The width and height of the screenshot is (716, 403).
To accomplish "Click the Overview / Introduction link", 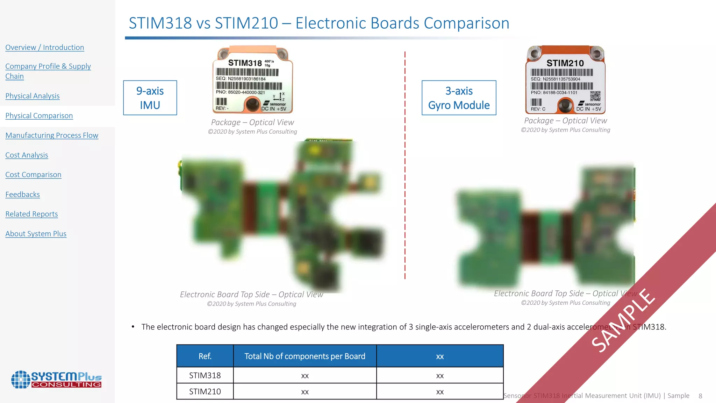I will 45,47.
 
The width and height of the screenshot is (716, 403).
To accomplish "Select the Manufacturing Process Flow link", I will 52,135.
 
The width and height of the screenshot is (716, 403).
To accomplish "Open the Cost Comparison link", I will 33,175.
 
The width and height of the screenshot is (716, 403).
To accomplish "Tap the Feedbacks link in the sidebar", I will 23,195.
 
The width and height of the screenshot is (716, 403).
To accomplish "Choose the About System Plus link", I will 36,234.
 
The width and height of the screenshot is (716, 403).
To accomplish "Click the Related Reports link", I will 31,214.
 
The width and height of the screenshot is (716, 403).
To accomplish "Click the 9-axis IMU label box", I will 150,98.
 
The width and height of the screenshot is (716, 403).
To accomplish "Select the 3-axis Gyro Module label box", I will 459,98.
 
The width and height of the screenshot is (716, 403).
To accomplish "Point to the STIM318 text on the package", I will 245,63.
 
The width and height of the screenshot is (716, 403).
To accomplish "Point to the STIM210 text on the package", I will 565,63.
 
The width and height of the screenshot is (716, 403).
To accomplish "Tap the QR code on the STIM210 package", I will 595,96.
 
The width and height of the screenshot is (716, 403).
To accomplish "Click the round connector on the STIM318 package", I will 252,104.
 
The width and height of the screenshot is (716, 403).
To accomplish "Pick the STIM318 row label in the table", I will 205,375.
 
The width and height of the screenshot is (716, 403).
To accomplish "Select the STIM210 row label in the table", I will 205,391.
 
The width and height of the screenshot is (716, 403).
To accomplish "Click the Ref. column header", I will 205,356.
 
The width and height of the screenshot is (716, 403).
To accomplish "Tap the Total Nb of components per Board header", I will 305,356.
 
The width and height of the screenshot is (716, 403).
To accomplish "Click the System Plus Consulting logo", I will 56,380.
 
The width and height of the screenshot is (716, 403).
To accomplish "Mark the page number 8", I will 700,396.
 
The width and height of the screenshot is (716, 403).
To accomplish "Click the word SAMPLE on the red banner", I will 623,320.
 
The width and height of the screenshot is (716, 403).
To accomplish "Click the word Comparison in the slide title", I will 466,23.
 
